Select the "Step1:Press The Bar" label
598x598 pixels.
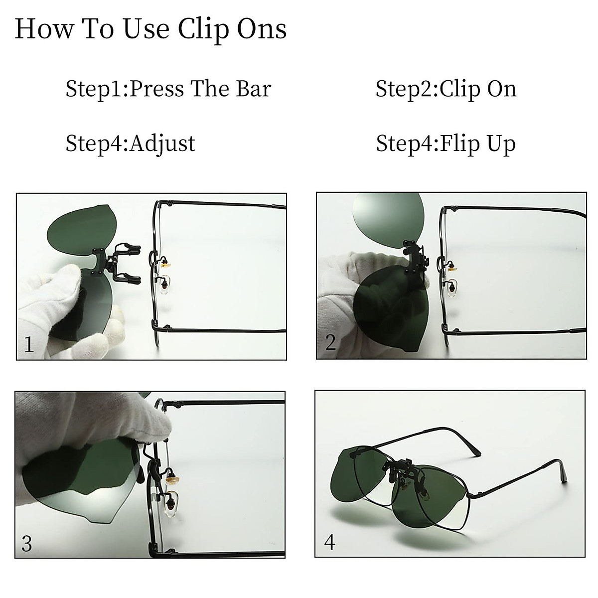coord(168,89)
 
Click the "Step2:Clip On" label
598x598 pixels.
coord(446,89)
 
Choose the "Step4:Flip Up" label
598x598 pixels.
coord(446,144)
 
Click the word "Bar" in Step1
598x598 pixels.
coord(255,89)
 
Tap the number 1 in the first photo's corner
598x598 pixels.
coord(29,344)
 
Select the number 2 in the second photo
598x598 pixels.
coord(330,343)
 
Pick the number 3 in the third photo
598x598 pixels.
coord(27,543)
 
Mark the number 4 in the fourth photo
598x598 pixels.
coord(329,541)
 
